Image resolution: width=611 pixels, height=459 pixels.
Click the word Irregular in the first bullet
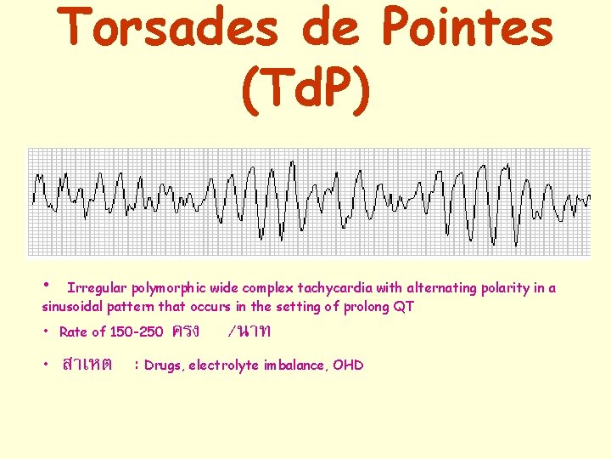click(x=98, y=288)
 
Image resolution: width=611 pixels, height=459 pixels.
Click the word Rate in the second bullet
click(x=73, y=332)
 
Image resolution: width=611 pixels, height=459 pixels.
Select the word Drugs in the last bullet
click(x=164, y=365)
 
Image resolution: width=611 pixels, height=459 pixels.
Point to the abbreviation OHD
click(x=349, y=365)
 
